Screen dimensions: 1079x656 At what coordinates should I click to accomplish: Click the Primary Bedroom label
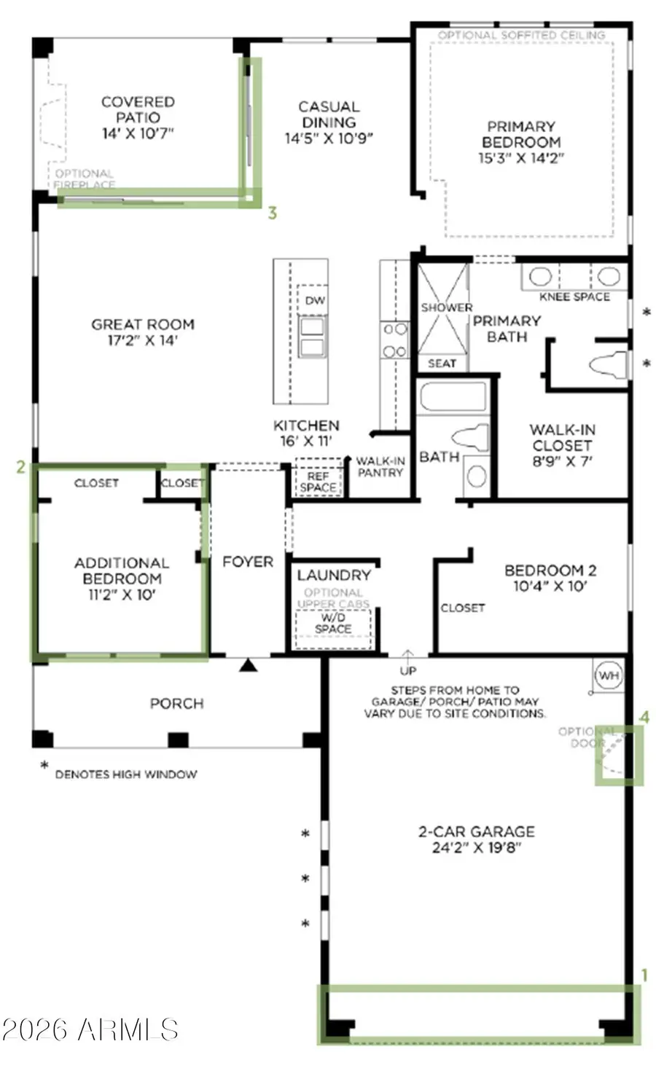[520, 134]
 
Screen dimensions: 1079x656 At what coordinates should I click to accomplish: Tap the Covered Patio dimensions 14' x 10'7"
[138, 133]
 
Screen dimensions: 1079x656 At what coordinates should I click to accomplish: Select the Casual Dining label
[329, 114]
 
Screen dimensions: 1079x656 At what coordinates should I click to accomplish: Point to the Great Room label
[143, 324]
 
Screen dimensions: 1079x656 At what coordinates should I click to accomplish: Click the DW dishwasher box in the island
[315, 301]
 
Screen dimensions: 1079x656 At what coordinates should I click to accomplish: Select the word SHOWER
[446, 307]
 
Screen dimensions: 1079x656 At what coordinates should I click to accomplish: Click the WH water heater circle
[609, 675]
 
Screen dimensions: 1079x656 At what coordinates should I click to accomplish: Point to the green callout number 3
[272, 213]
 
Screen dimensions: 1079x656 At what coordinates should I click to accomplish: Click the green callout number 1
[644, 975]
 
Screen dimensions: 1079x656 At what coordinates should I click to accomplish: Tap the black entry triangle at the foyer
[249, 664]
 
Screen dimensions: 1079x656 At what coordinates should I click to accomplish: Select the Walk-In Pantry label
[380, 467]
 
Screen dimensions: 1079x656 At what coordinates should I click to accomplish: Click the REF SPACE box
[319, 481]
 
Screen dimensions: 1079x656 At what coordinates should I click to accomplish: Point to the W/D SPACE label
[333, 623]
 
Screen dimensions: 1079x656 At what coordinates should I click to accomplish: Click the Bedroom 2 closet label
[462, 608]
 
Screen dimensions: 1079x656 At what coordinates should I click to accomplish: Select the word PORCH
[176, 704]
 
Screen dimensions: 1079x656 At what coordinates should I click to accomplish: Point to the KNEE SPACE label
[574, 297]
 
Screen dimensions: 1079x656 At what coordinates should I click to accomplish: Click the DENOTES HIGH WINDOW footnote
[125, 774]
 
